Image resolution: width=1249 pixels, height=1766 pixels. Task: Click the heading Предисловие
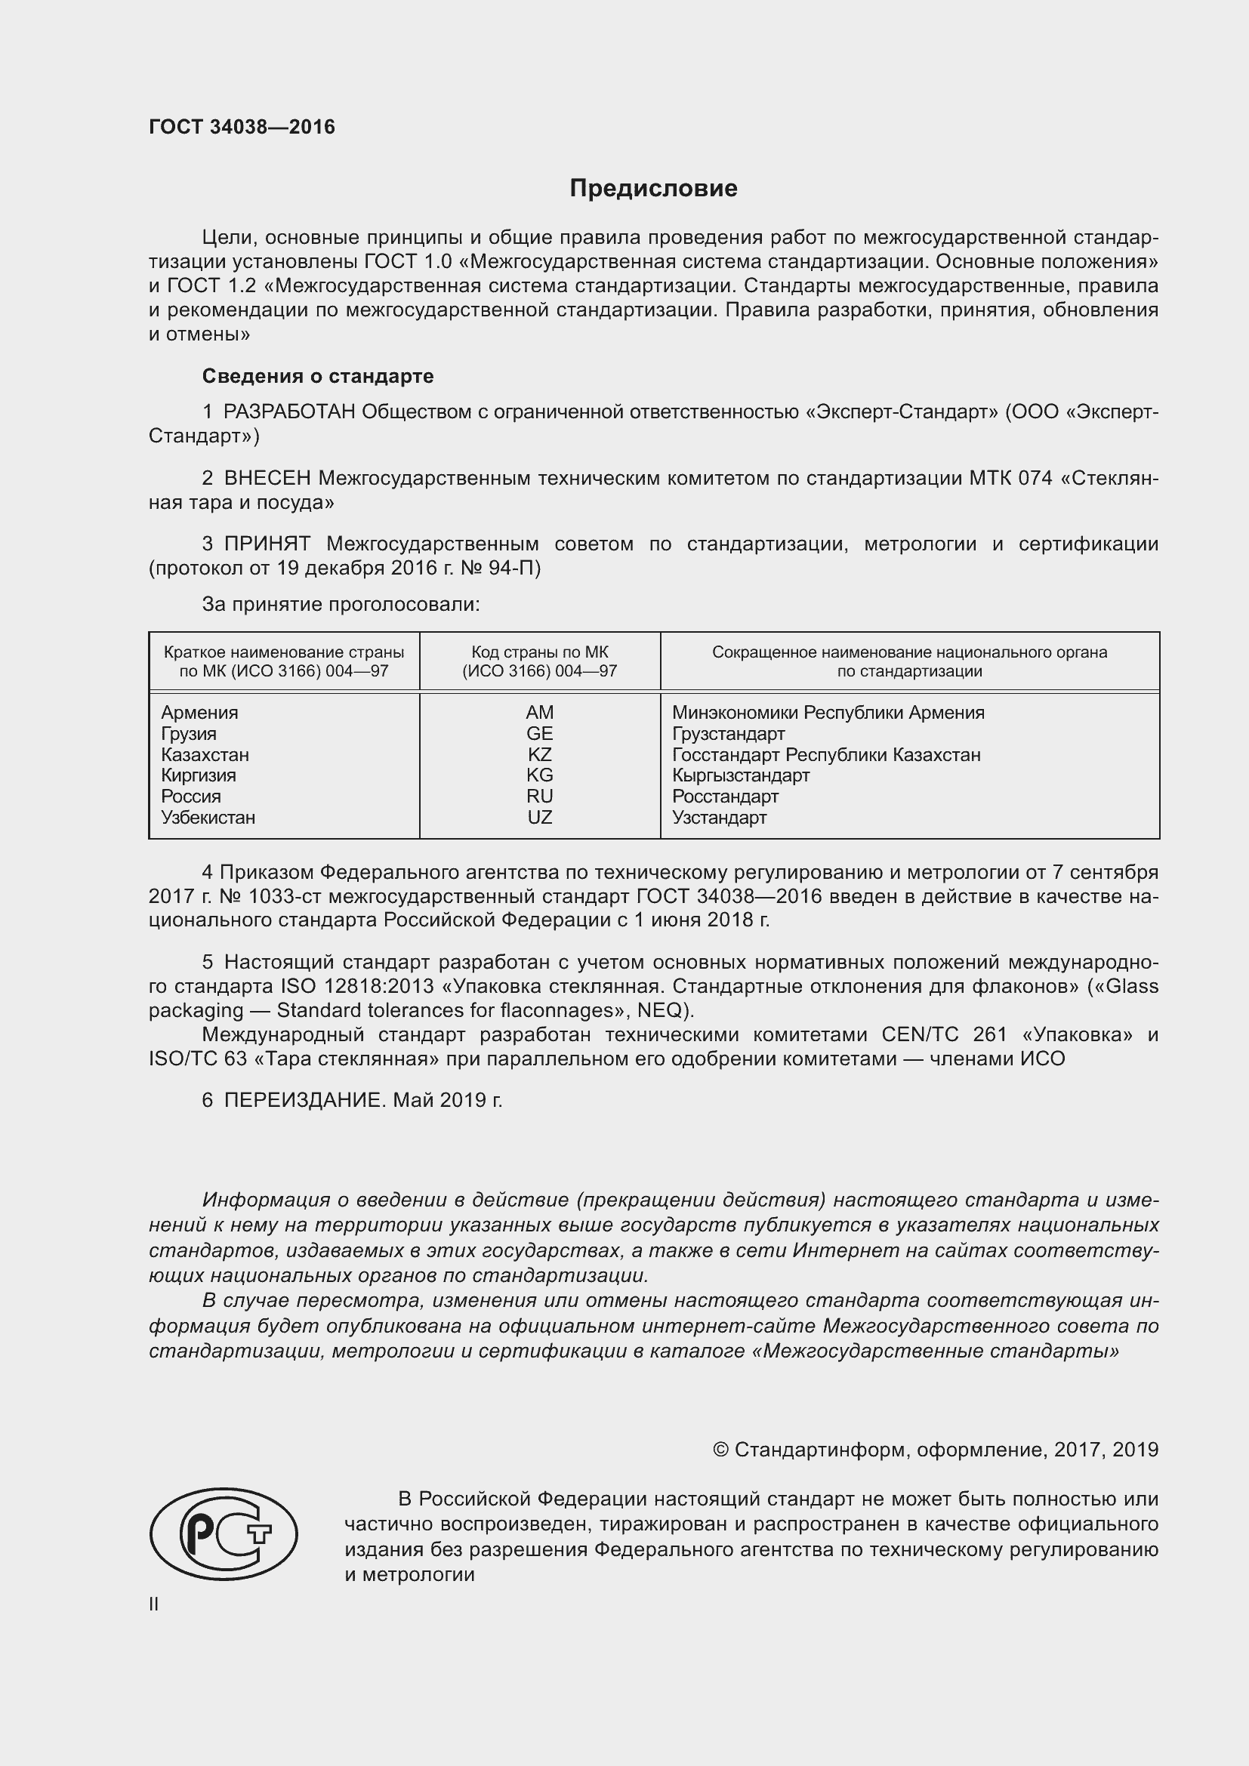point(653,189)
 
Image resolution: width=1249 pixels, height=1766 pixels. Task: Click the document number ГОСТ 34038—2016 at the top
point(242,127)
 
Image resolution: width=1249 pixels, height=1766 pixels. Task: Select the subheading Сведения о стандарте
point(318,376)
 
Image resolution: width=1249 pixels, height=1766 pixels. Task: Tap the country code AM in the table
point(539,712)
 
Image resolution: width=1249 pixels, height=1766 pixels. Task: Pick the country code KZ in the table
point(539,754)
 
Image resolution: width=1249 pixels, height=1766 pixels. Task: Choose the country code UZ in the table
point(539,817)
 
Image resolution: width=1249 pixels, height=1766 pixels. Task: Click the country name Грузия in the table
point(189,734)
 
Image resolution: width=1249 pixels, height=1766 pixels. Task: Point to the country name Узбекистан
point(208,817)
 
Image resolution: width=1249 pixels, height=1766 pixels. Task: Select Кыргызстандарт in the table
point(740,775)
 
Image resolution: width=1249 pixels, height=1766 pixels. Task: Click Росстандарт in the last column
point(724,796)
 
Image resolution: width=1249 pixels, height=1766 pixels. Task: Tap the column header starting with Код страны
point(539,661)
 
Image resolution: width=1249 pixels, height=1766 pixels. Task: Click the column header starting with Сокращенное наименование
point(909,661)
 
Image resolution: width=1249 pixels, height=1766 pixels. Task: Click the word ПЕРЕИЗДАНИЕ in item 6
point(303,1101)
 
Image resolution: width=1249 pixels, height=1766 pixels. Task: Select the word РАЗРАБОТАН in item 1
point(289,412)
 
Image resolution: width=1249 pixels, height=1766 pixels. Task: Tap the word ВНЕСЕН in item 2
point(267,479)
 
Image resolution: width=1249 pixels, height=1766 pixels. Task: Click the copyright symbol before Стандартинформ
point(720,1449)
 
